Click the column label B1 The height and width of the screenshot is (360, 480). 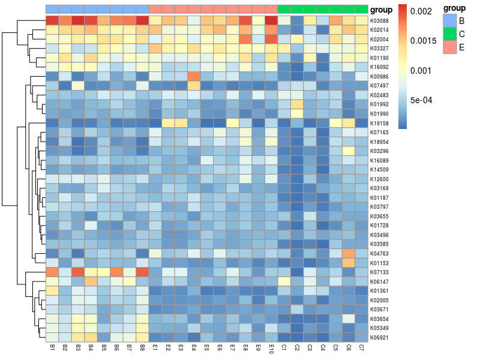(52, 348)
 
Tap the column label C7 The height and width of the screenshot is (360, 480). (361, 348)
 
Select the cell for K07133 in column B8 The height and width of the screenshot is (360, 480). (142, 272)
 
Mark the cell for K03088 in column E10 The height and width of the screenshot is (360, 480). (271, 20)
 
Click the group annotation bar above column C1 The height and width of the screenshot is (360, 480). (284, 10)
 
